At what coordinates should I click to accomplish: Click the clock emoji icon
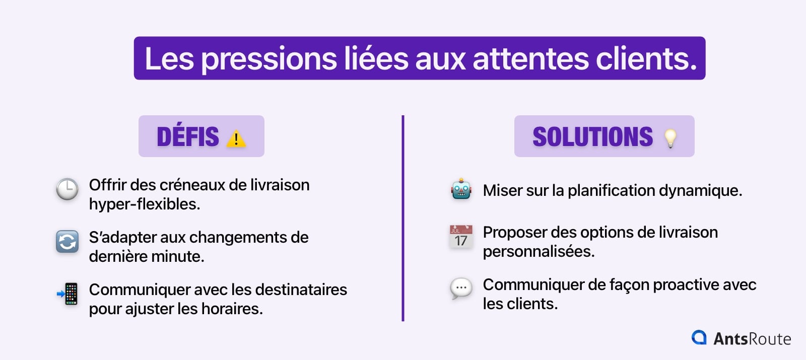click(67, 189)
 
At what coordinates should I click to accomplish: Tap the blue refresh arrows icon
click(67, 242)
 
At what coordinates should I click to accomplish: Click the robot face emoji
click(461, 190)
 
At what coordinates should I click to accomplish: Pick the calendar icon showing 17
click(461, 237)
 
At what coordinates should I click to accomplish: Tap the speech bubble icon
click(461, 289)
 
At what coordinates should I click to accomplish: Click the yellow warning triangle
click(236, 138)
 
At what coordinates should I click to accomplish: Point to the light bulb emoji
click(670, 138)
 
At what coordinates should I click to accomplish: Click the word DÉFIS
click(188, 137)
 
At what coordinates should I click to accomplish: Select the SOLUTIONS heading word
click(592, 137)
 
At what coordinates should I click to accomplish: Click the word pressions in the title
click(269, 59)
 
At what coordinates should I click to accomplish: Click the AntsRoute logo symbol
click(699, 337)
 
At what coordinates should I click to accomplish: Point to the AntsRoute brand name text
click(752, 339)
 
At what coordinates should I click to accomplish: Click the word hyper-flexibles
click(145, 204)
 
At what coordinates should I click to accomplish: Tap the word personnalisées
click(539, 251)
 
